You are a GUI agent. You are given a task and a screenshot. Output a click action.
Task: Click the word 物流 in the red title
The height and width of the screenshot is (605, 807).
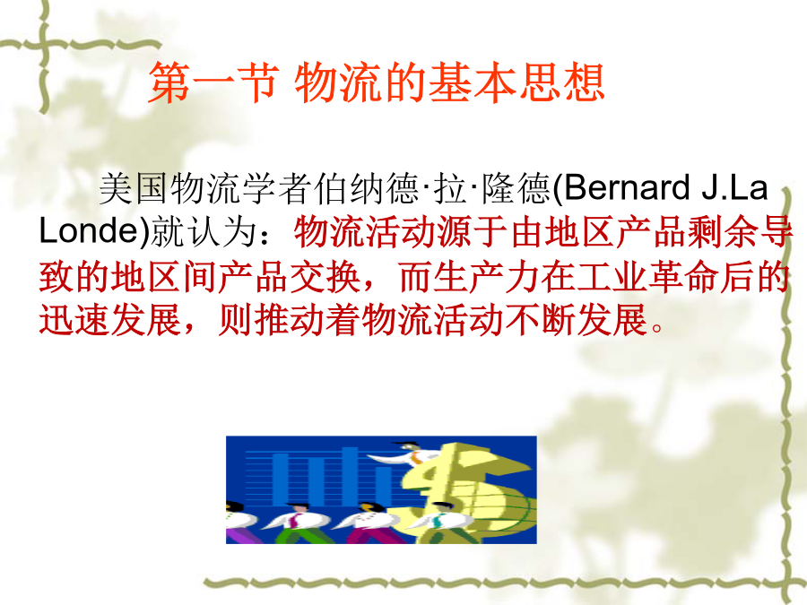[x=338, y=82]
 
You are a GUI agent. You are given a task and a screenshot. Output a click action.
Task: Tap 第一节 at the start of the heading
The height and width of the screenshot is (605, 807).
[x=213, y=82]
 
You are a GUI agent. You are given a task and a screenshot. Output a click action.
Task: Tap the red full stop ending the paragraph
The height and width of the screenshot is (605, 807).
[x=657, y=327]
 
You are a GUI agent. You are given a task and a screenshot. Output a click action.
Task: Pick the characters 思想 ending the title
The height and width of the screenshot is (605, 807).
[x=562, y=82]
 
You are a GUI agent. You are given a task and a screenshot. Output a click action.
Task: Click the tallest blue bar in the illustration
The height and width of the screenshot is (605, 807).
[x=350, y=476]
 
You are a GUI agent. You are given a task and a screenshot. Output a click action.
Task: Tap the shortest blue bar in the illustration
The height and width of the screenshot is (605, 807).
[x=382, y=485]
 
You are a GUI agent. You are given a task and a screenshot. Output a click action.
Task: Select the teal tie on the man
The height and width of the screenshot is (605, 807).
[x=438, y=520]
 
